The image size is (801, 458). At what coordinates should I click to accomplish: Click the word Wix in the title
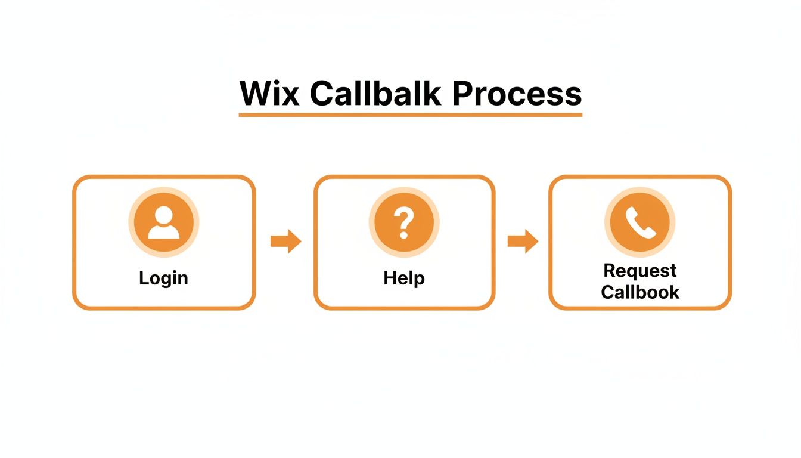point(269,93)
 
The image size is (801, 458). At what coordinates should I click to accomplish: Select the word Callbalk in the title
point(375,93)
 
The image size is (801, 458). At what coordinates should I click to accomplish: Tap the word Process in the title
point(517,93)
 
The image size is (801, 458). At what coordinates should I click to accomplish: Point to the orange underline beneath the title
point(410,114)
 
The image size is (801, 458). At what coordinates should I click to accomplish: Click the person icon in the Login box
point(164,222)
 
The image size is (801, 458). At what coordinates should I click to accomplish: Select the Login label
point(163,278)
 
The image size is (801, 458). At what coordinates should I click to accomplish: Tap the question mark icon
point(404,222)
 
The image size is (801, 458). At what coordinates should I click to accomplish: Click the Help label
point(404,278)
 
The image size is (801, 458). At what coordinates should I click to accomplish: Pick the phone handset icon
point(640,222)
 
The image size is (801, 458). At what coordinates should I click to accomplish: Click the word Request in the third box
point(640,271)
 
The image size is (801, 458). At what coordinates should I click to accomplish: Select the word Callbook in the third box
point(640,292)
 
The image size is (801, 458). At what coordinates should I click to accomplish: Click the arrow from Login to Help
point(285,242)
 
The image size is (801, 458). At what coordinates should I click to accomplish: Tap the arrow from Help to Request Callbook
point(523,242)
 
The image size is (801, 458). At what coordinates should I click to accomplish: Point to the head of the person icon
point(164,215)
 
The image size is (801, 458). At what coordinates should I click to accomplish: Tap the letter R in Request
point(610,271)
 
